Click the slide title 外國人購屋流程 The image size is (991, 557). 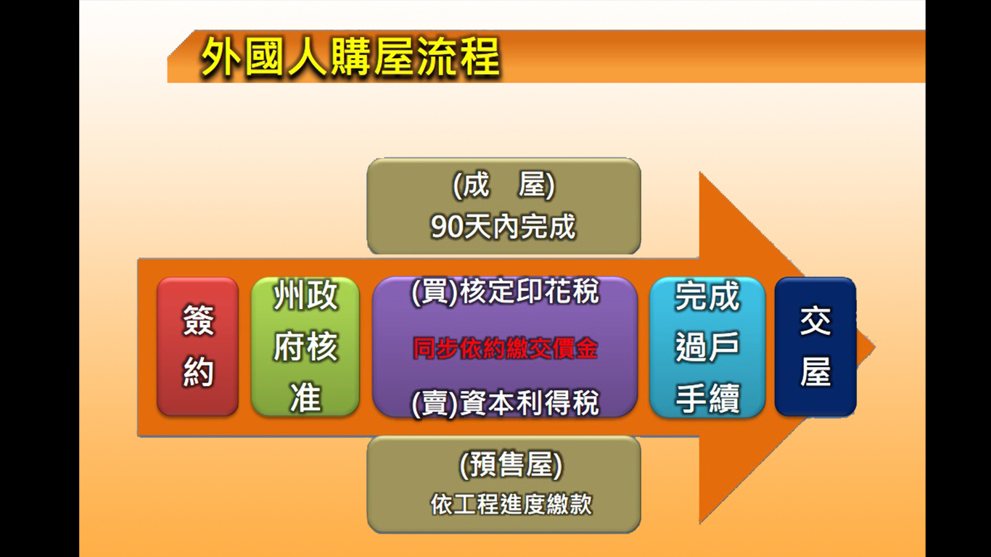[350, 57]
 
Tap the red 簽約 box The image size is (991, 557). [198, 347]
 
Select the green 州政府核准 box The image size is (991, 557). [305, 347]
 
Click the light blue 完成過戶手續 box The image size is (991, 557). [707, 347]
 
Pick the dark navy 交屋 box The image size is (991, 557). [815, 347]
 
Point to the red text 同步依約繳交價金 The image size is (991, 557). [505, 349]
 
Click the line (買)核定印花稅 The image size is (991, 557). [505, 292]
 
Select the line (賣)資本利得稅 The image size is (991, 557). [505, 403]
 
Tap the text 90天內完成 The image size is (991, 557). [503, 226]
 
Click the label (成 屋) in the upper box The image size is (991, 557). [503, 185]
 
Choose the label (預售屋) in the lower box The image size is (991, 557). [511, 466]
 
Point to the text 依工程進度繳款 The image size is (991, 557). [511, 504]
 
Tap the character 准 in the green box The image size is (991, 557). [305, 397]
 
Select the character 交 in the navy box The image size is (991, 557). [815, 321]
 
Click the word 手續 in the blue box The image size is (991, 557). [707, 398]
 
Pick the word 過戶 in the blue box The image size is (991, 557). [707, 347]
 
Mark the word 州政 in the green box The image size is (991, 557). [305, 295]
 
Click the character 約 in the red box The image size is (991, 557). [198, 372]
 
